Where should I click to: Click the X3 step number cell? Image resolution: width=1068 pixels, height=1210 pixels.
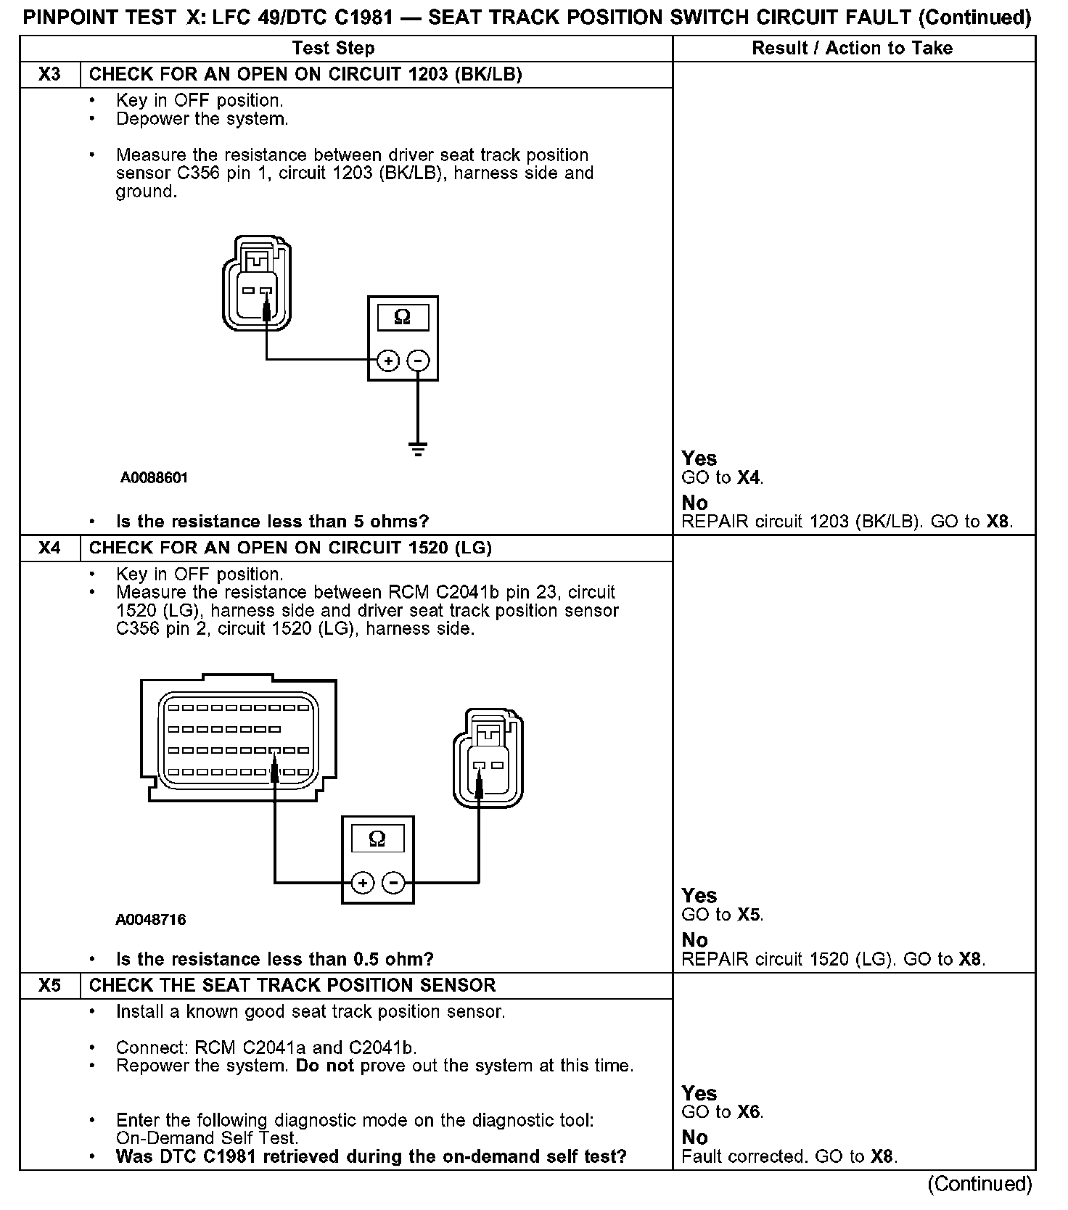click(49, 75)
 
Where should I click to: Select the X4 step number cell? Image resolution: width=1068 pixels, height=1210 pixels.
click(49, 548)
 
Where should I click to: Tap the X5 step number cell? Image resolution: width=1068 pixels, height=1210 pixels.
click(49, 986)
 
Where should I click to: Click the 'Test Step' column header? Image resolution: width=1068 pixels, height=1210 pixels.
click(333, 49)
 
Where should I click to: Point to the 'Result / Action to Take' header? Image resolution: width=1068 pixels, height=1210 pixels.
click(852, 49)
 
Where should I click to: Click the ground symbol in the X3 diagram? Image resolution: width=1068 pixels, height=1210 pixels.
click(418, 449)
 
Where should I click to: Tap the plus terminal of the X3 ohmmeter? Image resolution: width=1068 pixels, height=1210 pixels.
click(388, 361)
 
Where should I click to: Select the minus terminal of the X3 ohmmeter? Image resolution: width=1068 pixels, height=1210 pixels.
click(418, 361)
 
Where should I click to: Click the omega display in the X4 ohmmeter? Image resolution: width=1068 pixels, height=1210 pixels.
click(377, 839)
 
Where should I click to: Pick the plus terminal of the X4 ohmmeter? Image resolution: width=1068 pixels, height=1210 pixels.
click(362, 883)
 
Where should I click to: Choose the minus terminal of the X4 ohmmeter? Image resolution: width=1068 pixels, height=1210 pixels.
click(393, 883)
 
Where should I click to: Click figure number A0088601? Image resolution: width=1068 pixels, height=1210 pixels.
click(155, 477)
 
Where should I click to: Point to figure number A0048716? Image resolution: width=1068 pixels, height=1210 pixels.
click(151, 920)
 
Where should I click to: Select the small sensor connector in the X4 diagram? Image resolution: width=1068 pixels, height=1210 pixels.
click(488, 758)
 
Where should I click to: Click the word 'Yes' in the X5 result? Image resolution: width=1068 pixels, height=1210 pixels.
click(699, 1093)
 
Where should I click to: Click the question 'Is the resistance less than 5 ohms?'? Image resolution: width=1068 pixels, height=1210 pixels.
click(272, 522)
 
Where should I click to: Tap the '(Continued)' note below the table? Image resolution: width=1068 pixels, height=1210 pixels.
click(979, 1184)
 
